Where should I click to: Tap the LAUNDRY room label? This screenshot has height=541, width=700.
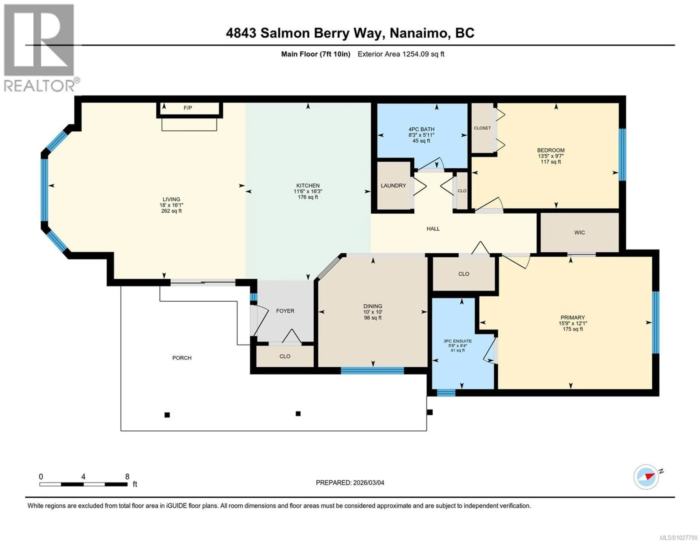click(393, 186)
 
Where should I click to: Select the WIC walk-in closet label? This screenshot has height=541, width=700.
click(580, 232)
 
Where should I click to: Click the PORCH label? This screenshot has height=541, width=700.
click(182, 358)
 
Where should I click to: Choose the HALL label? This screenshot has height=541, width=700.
click(433, 229)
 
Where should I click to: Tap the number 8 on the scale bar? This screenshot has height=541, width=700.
click(127, 476)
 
